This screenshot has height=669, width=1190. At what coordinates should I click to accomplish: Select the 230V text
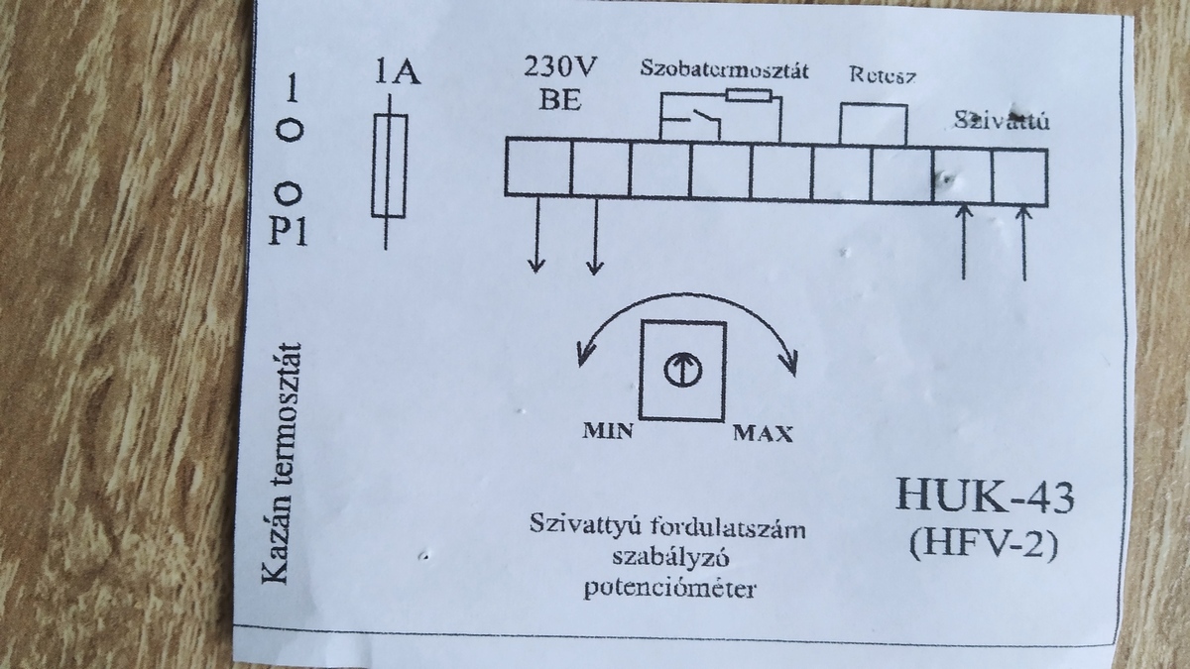tap(560, 68)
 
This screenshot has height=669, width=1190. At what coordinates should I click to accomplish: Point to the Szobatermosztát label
tap(724, 71)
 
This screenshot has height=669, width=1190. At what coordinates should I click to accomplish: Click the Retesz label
tap(882, 75)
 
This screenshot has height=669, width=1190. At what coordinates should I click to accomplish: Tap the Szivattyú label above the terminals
tap(1002, 122)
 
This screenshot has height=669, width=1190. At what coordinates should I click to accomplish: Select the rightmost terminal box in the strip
tap(1019, 174)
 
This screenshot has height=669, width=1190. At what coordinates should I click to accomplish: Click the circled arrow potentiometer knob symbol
tap(684, 369)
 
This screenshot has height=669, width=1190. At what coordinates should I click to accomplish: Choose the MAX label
tap(763, 434)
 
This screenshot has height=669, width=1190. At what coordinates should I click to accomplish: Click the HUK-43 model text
tap(984, 495)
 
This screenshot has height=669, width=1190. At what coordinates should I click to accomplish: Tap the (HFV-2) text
tap(983, 543)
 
